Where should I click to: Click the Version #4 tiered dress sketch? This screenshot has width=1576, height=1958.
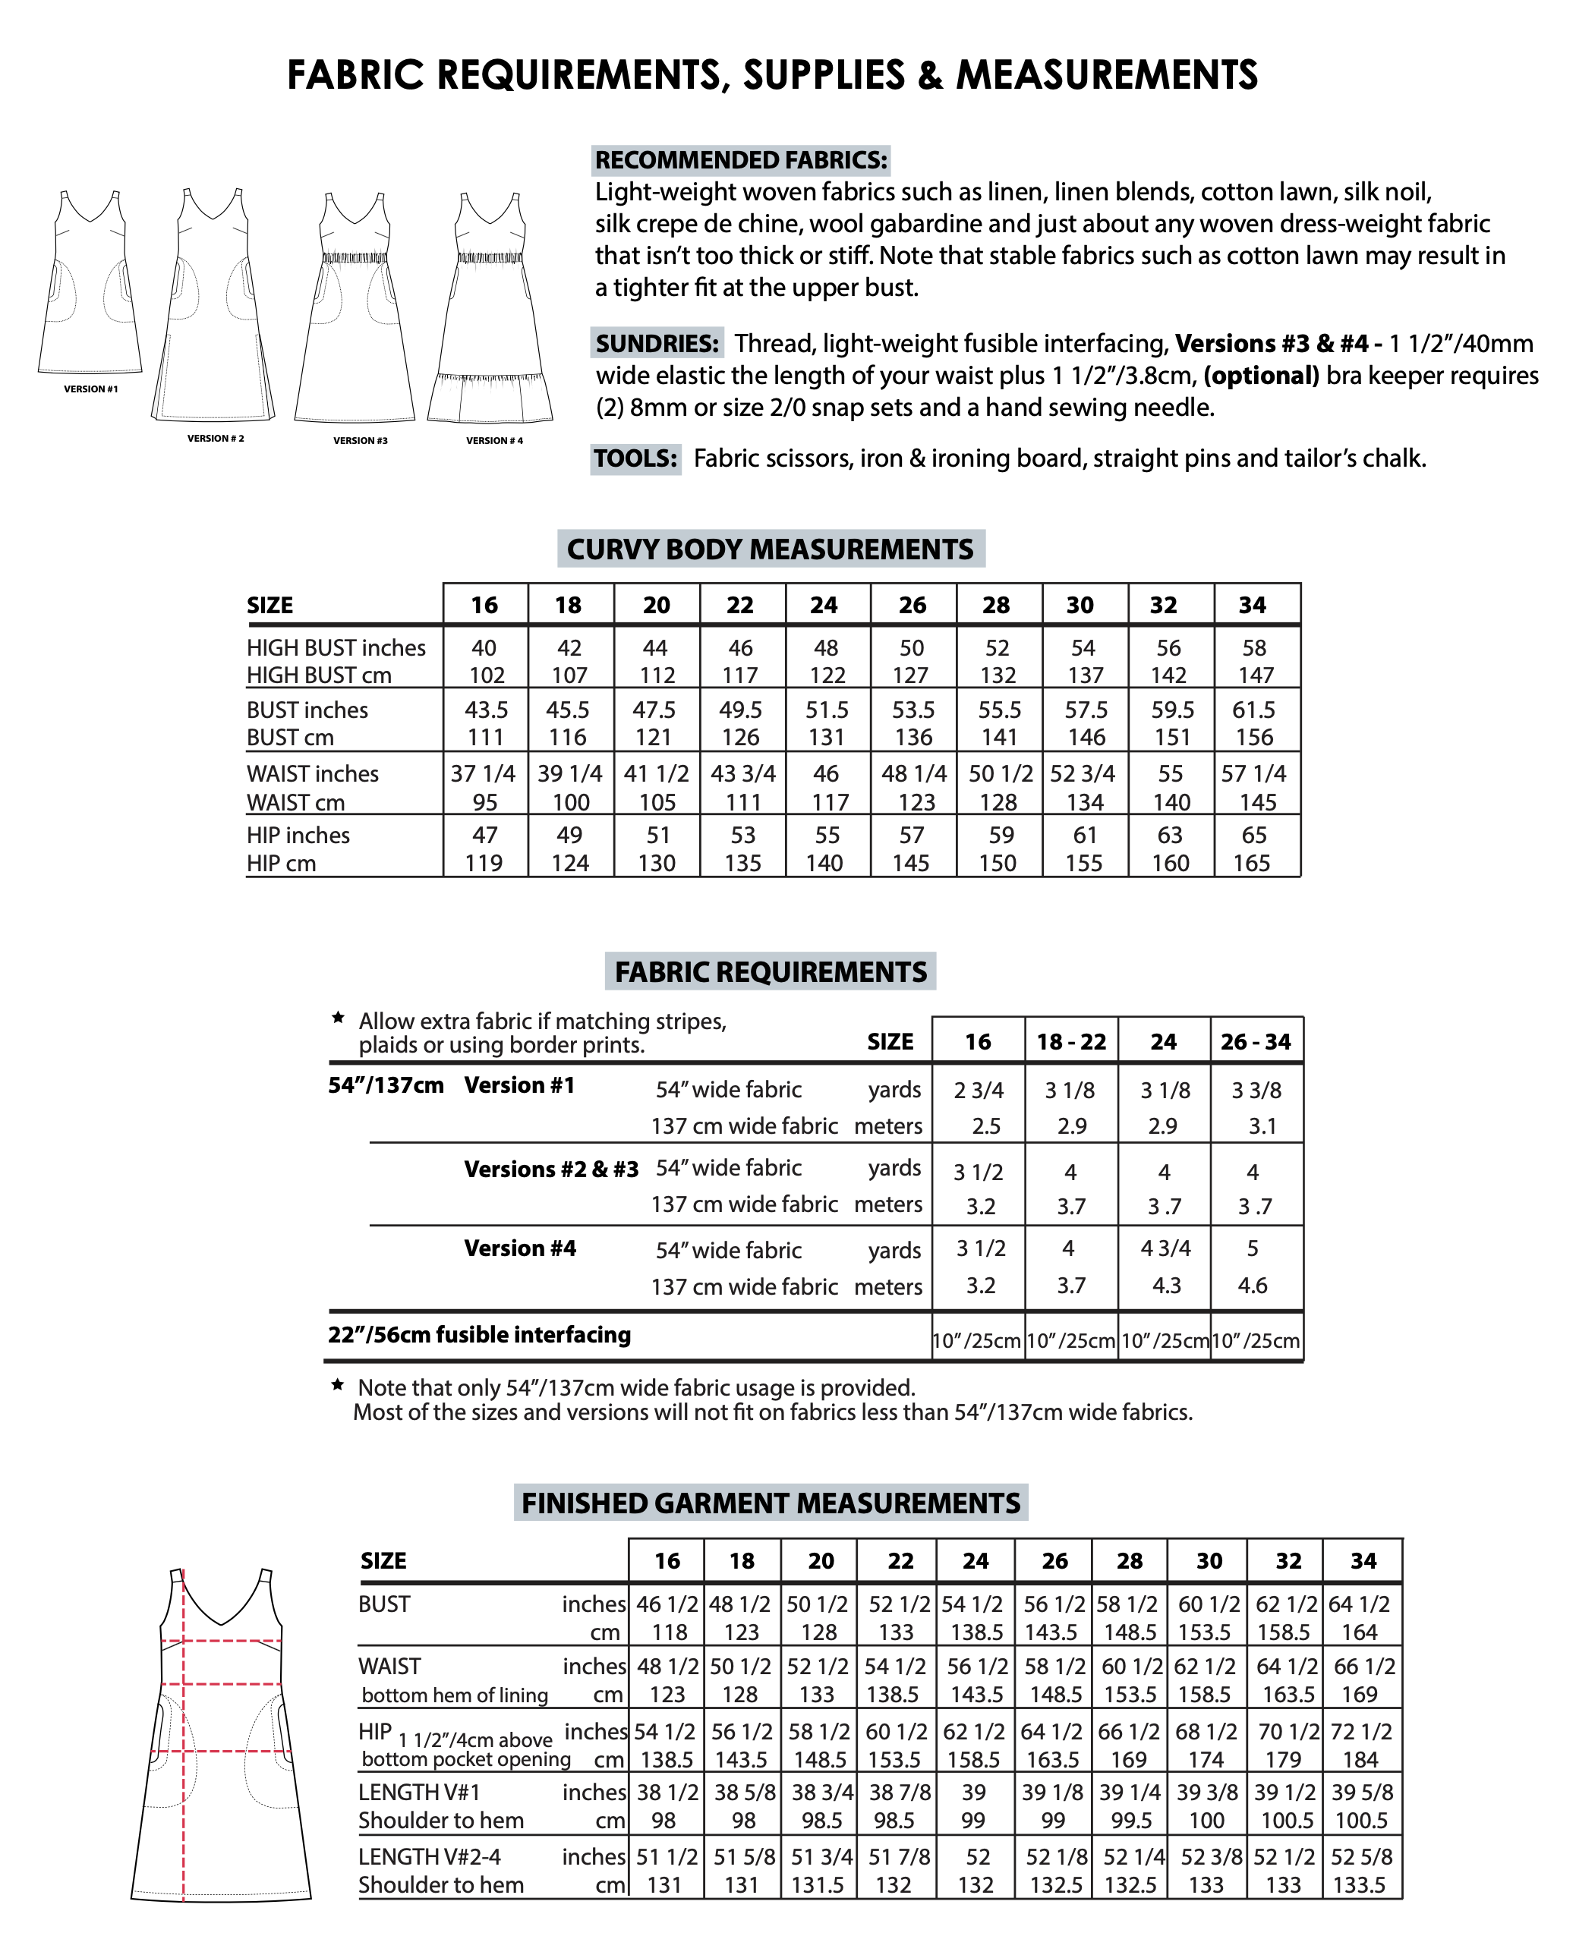[491, 309]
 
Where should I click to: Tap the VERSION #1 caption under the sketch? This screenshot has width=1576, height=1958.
[91, 389]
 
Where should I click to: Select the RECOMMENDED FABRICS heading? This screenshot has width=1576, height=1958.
[740, 160]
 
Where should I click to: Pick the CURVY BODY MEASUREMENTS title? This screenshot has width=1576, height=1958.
[771, 549]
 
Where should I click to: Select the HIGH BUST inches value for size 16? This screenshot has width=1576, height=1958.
[484, 647]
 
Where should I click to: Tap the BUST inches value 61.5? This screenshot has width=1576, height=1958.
[1253, 710]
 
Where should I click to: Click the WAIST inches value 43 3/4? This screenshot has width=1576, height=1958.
[742, 774]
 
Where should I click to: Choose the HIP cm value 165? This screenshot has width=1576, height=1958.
[1252, 863]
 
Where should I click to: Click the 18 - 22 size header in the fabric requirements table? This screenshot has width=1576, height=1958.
[1071, 1042]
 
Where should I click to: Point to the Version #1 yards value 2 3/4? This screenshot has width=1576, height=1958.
[979, 1090]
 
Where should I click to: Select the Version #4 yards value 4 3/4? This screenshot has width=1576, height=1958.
[1165, 1248]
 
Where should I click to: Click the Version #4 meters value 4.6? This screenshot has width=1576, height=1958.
[1253, 1285]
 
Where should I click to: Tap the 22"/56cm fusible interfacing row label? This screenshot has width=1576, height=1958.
[480, 1334]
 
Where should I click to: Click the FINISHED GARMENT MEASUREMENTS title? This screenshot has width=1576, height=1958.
[771, 1503]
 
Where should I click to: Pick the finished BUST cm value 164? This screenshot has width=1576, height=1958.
[1360, 1632]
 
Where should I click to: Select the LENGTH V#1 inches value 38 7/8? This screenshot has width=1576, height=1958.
[900, 1792]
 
